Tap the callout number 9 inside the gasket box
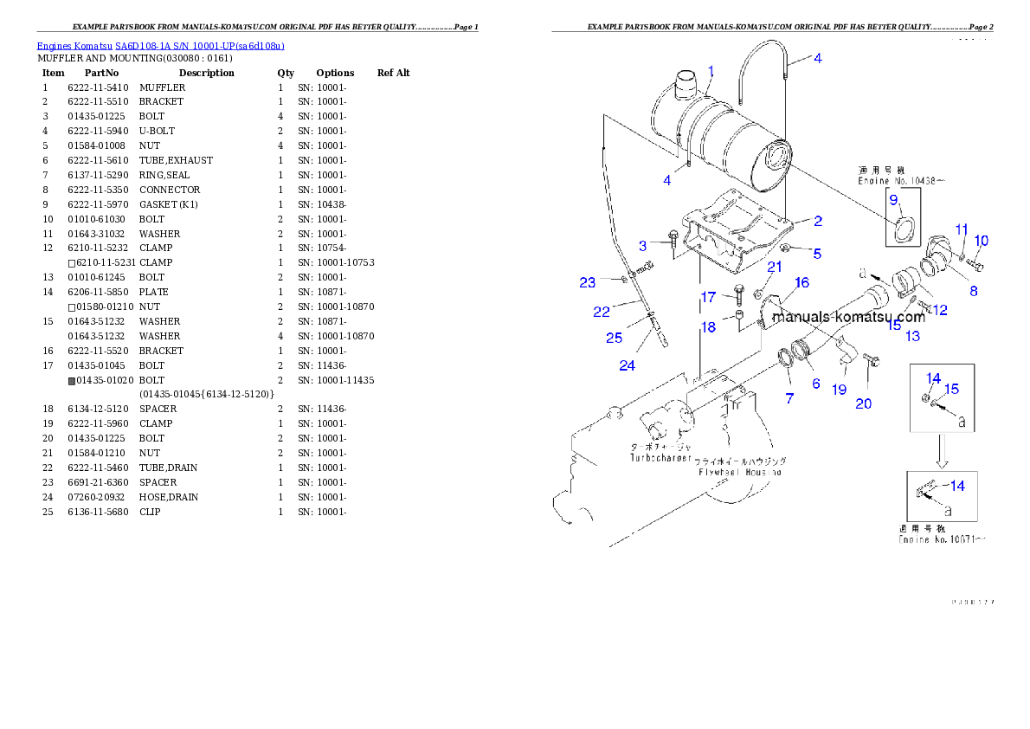click(x=893, y=198)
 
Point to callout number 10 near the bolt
click(x=981, y=240)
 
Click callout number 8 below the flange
click(x=974, y=291)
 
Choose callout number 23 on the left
click(x=588, y=282)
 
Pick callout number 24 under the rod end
click(x=627, y=365)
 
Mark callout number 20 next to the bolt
click(x=864, y=403)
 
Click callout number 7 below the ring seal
click(x=789, y=398)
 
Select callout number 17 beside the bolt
click(x=708, y=297)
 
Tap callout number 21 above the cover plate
click(x=775, y=267)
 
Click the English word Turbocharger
click(x=661, y=457)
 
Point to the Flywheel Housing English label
click(x=740, y=472)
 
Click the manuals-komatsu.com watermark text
click(x=848, y=317)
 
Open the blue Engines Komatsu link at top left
click(x=160, y=45)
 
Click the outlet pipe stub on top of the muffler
click(x=686, y=87)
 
